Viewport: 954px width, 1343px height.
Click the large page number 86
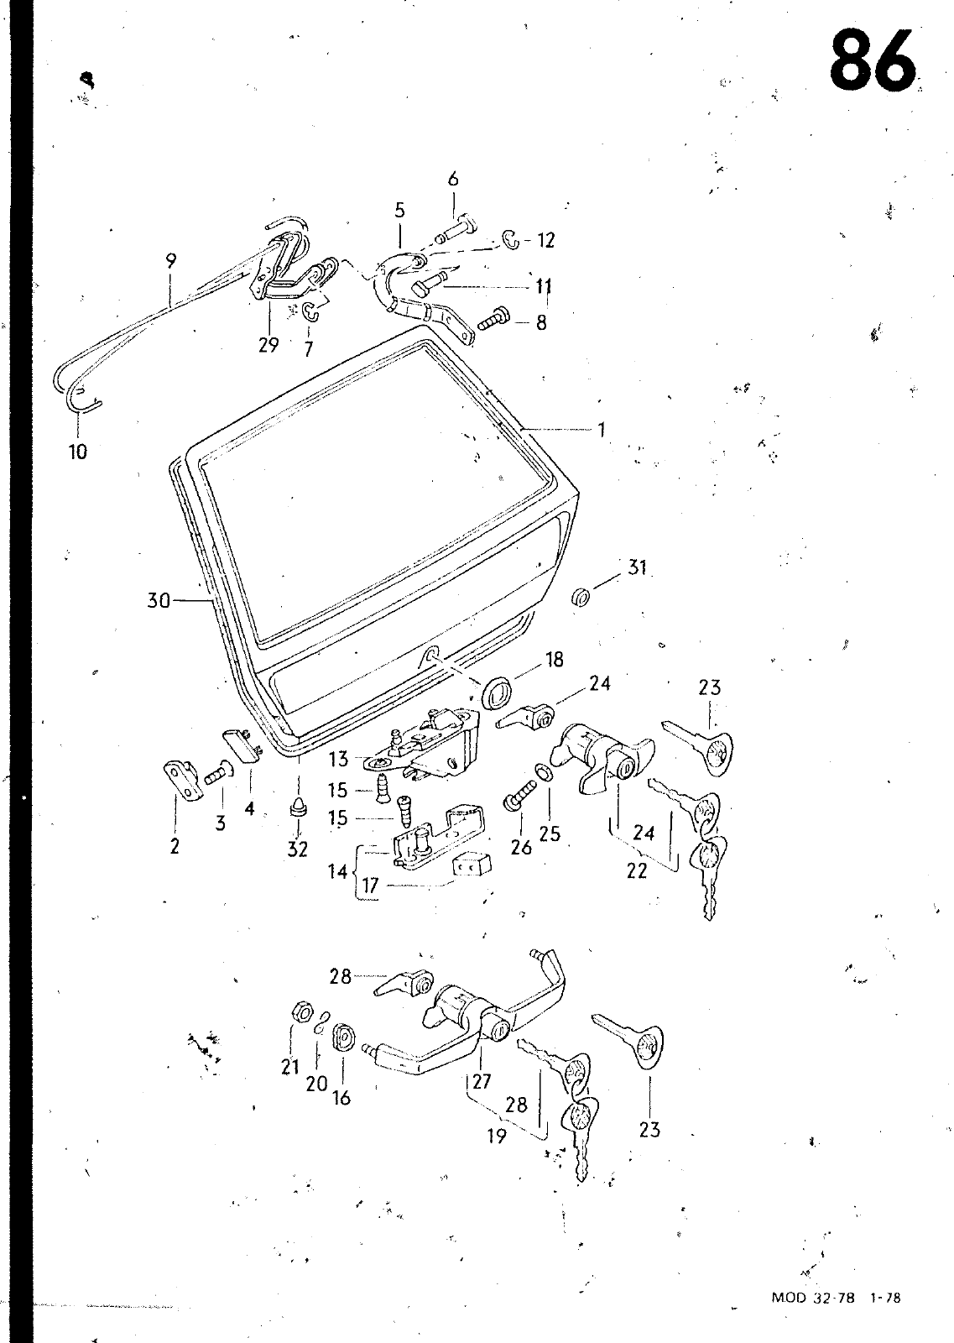pos(873,62)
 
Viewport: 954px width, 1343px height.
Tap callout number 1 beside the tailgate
pos(601,429)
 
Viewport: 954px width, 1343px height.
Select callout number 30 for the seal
pos(159,600)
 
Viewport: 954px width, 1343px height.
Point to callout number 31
pos(637,567)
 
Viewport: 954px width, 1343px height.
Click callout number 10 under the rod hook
pos(78,452)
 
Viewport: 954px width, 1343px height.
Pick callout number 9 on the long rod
pos(171,261)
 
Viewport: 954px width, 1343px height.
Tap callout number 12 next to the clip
pos(546,240)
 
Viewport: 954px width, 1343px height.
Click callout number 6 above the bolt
pos(453,179)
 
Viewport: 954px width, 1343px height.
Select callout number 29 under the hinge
pos(268,345)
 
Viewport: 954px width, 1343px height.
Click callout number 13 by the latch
pos(338,759)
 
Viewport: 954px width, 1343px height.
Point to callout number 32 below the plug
pos(297,849)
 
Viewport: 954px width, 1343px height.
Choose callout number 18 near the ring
pos(555,660)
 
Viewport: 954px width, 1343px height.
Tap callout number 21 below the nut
pos(290,1067)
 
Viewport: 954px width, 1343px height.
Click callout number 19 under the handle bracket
pos(497,1136)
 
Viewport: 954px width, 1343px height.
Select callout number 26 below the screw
pos(521,847)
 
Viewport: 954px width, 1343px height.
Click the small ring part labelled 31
pos(581,597)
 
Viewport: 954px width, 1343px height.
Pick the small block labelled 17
pos(471,865)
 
